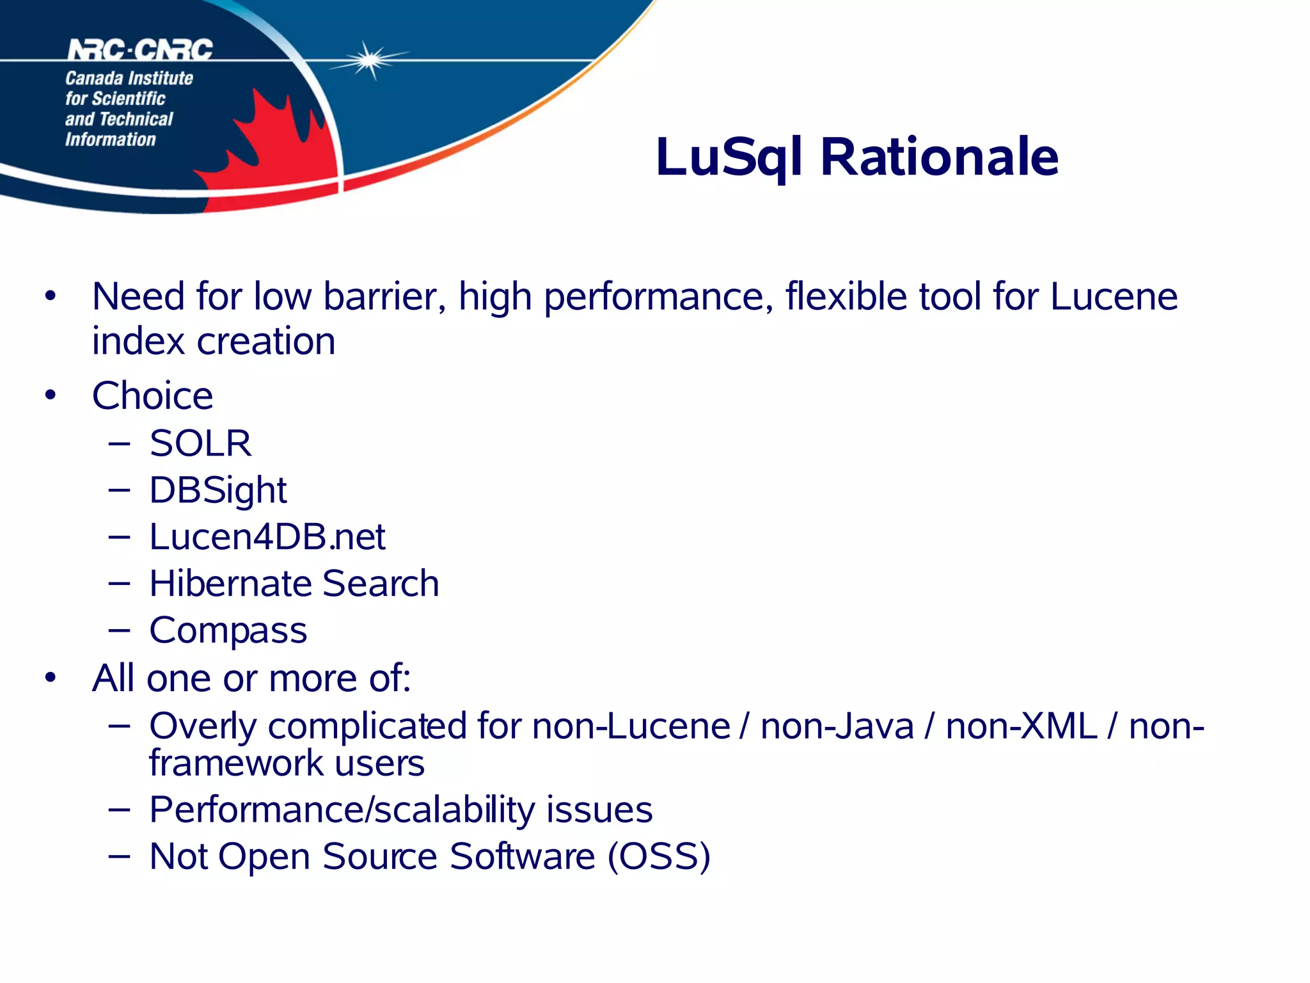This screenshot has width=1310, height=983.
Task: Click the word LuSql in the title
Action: (x=729, y=157)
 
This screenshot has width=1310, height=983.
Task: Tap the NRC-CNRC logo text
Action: (x=140, y=50)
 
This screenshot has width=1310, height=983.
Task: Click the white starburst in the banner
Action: (x=369, y=60)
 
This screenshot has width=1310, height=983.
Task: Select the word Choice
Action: (x=152, y=396)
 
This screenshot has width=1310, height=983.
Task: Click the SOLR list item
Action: (x=200, y=443)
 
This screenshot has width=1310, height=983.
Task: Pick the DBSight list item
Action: (x=217, y=490)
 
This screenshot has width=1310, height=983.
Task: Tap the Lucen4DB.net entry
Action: (x=267, y=536)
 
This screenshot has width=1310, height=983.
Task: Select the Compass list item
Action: (x=228, y=630)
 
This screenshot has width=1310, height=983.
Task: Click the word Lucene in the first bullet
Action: (x=1114, y=296)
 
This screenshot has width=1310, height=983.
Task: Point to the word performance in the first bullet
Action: (x=658, y=298)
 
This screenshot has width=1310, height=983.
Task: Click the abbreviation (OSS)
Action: (x=659, y=856)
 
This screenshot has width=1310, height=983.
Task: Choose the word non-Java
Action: (x=837, y=726)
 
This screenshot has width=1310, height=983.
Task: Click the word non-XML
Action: (x=1021, y=726)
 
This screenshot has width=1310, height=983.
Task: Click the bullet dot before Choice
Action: (x=51, y=396)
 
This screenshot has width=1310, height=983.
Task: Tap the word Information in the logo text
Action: (x=110, y=140)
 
